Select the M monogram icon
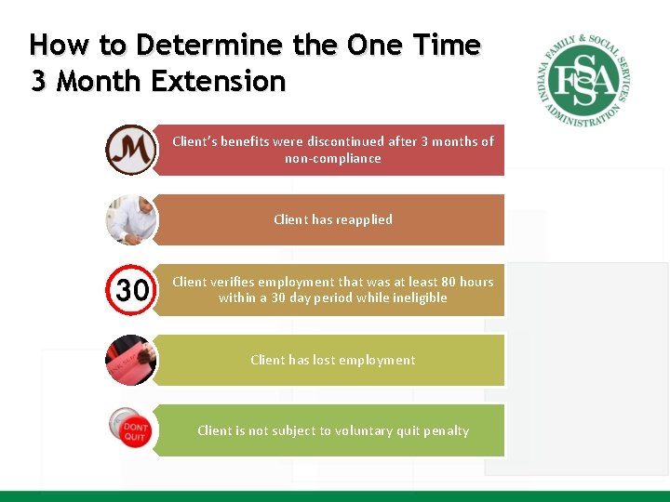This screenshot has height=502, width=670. point(130,149)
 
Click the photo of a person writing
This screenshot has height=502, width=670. point(130,219)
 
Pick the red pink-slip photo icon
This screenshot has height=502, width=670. point(130,360)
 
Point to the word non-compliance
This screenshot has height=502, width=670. point(333,158)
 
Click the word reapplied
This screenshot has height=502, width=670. point(364,219)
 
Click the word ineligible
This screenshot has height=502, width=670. point(418,297)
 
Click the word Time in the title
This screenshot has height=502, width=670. point(446,46)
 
